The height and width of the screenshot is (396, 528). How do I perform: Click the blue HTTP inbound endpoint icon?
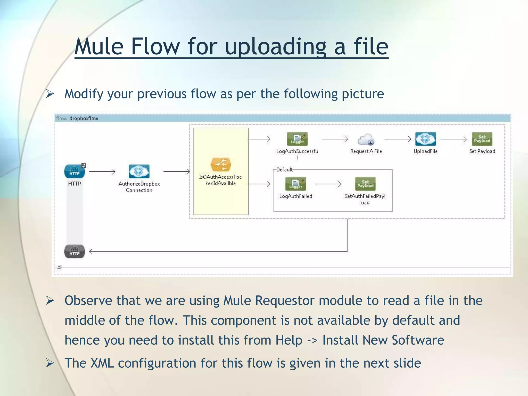[x=75, y=171]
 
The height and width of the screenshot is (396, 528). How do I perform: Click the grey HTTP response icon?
[x=75, y=251]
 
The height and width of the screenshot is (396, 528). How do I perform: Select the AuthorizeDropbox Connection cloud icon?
[x=139, y=171]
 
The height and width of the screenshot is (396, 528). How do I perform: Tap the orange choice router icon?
[x=221, y=165]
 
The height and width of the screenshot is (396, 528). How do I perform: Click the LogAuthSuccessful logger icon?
[x=297, y=139]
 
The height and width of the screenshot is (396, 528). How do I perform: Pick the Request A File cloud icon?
[x=366, y=139]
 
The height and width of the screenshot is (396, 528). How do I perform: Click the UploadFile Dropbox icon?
[x=425, y=139]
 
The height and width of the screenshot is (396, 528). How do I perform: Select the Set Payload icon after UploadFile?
[x=482, y=139]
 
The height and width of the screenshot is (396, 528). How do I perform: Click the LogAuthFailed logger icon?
[x=296, y=184]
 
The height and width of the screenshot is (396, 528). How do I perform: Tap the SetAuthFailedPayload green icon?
[x=365, y=184]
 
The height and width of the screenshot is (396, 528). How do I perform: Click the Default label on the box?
[x=284, y=170]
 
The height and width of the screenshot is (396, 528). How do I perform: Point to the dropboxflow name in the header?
[x=84, y=118]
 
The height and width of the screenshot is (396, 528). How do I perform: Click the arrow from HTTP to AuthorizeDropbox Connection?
[x=102, y=171]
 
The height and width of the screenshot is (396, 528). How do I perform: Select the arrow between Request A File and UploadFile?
[x=398, y=139]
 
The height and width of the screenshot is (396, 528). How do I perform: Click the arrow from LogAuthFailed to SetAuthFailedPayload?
[x=328, y=184]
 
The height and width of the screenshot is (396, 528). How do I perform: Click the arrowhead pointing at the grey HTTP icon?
[x=91, y=252]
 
